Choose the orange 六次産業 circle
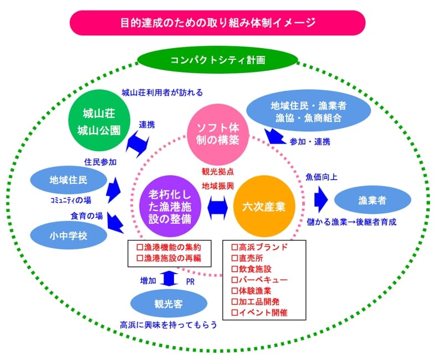263,206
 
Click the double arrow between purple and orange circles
218,208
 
